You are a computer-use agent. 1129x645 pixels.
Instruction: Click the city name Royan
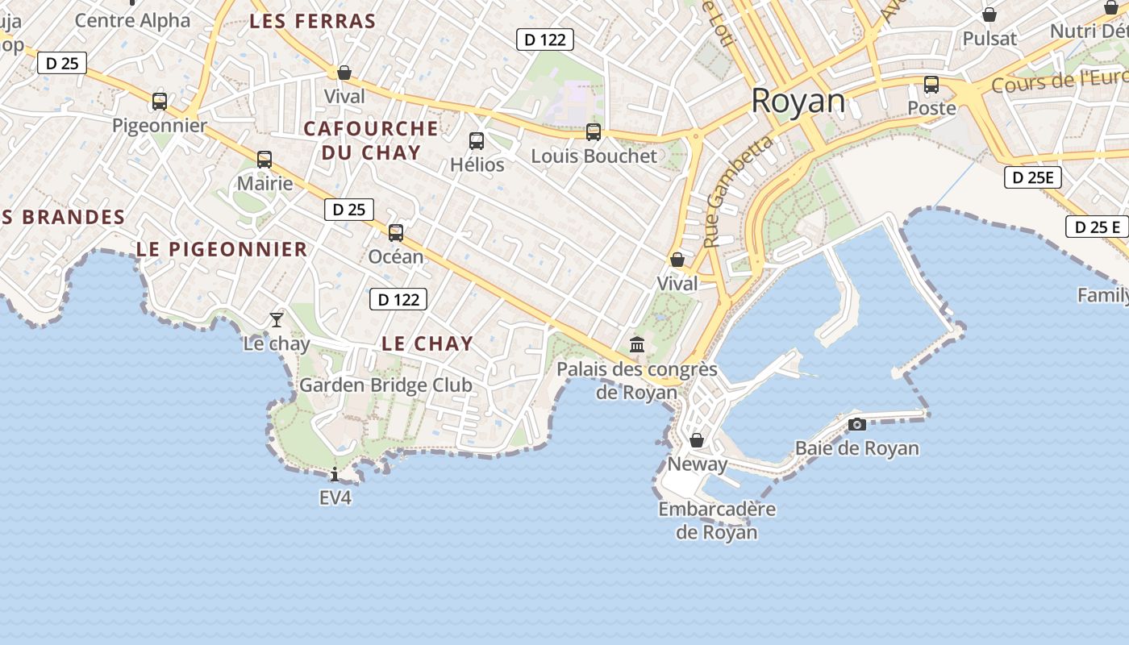tap(798, 102)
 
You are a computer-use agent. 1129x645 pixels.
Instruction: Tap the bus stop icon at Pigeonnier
tap(160, 102)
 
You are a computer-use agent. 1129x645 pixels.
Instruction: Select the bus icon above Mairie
tap(265, 160)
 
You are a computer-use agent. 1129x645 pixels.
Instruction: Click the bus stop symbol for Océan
tap(396, 233)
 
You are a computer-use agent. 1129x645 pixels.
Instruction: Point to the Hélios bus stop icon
tap(477, 141)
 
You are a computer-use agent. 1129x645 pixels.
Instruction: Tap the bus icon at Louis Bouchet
tap(594, 132)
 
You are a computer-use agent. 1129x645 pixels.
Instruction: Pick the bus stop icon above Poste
tap(931, 85)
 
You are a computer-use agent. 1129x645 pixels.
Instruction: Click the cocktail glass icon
tap(277, 320)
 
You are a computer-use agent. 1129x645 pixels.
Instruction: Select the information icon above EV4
tap(335, 474)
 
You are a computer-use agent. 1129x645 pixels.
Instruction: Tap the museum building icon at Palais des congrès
tap(637, 345)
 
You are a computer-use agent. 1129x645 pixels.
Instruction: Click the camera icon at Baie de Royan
tap(857, 424)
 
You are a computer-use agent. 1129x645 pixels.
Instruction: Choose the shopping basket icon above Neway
tap(697, 440)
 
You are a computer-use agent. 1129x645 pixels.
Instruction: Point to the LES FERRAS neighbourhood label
tap(313, 22)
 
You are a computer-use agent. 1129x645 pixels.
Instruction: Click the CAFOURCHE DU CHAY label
tap(371, 140)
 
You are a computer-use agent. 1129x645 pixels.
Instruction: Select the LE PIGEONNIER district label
tap(222, 249)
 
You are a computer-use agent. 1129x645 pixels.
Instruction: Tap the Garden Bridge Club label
tap(385, 385)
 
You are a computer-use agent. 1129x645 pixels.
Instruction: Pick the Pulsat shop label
tap(989, 39)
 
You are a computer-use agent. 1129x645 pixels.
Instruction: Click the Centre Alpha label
tap(132, 20)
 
